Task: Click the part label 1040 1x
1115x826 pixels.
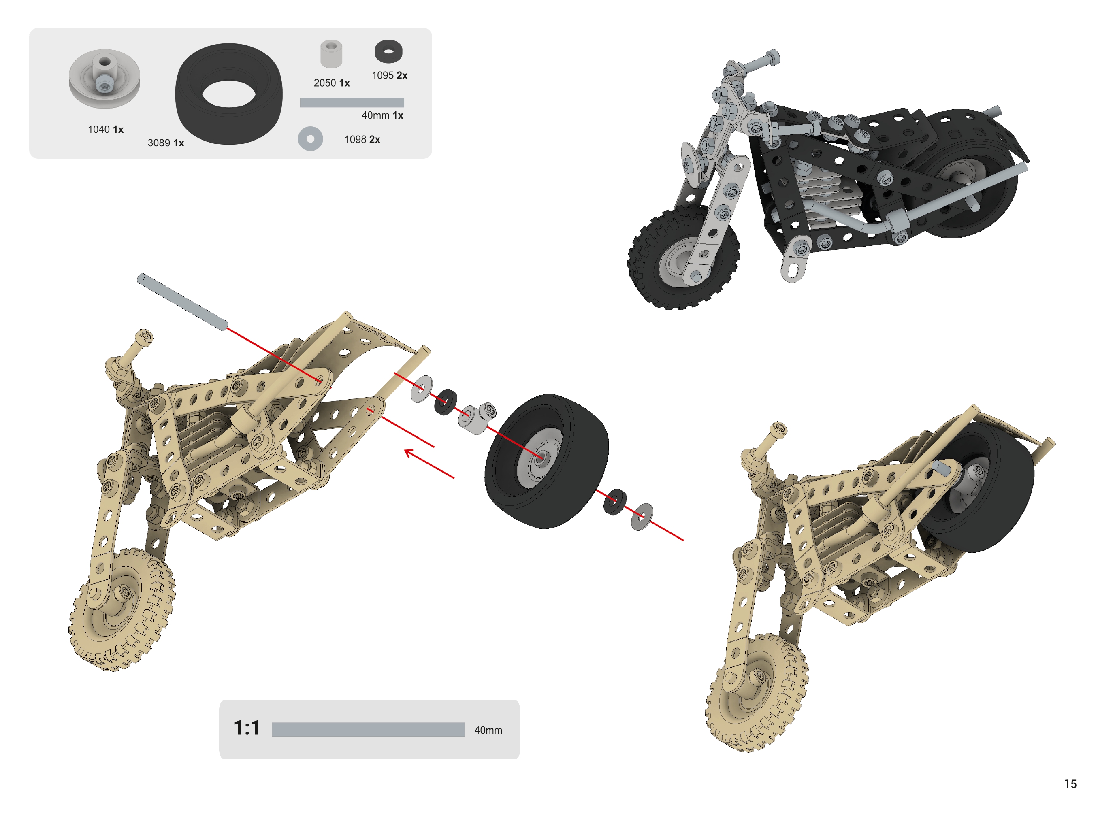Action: pyautogui.click(x=105, y=130)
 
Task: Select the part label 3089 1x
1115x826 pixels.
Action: pyautogui.click(x=166, y=143)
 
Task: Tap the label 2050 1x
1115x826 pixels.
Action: pyautogui.click(x=331, y=83)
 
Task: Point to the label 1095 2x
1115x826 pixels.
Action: pyautogui.click(x=390, y=75)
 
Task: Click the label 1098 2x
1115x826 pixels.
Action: pyautogui.click(x=362, y=140)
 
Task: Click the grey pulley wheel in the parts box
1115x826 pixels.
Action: pyautogui.click(x=104, y=79)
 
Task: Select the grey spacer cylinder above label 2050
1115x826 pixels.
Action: pyautogui.click(x=331, y=54)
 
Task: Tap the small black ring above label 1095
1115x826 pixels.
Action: pyautogui.click(x=388, y=51)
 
